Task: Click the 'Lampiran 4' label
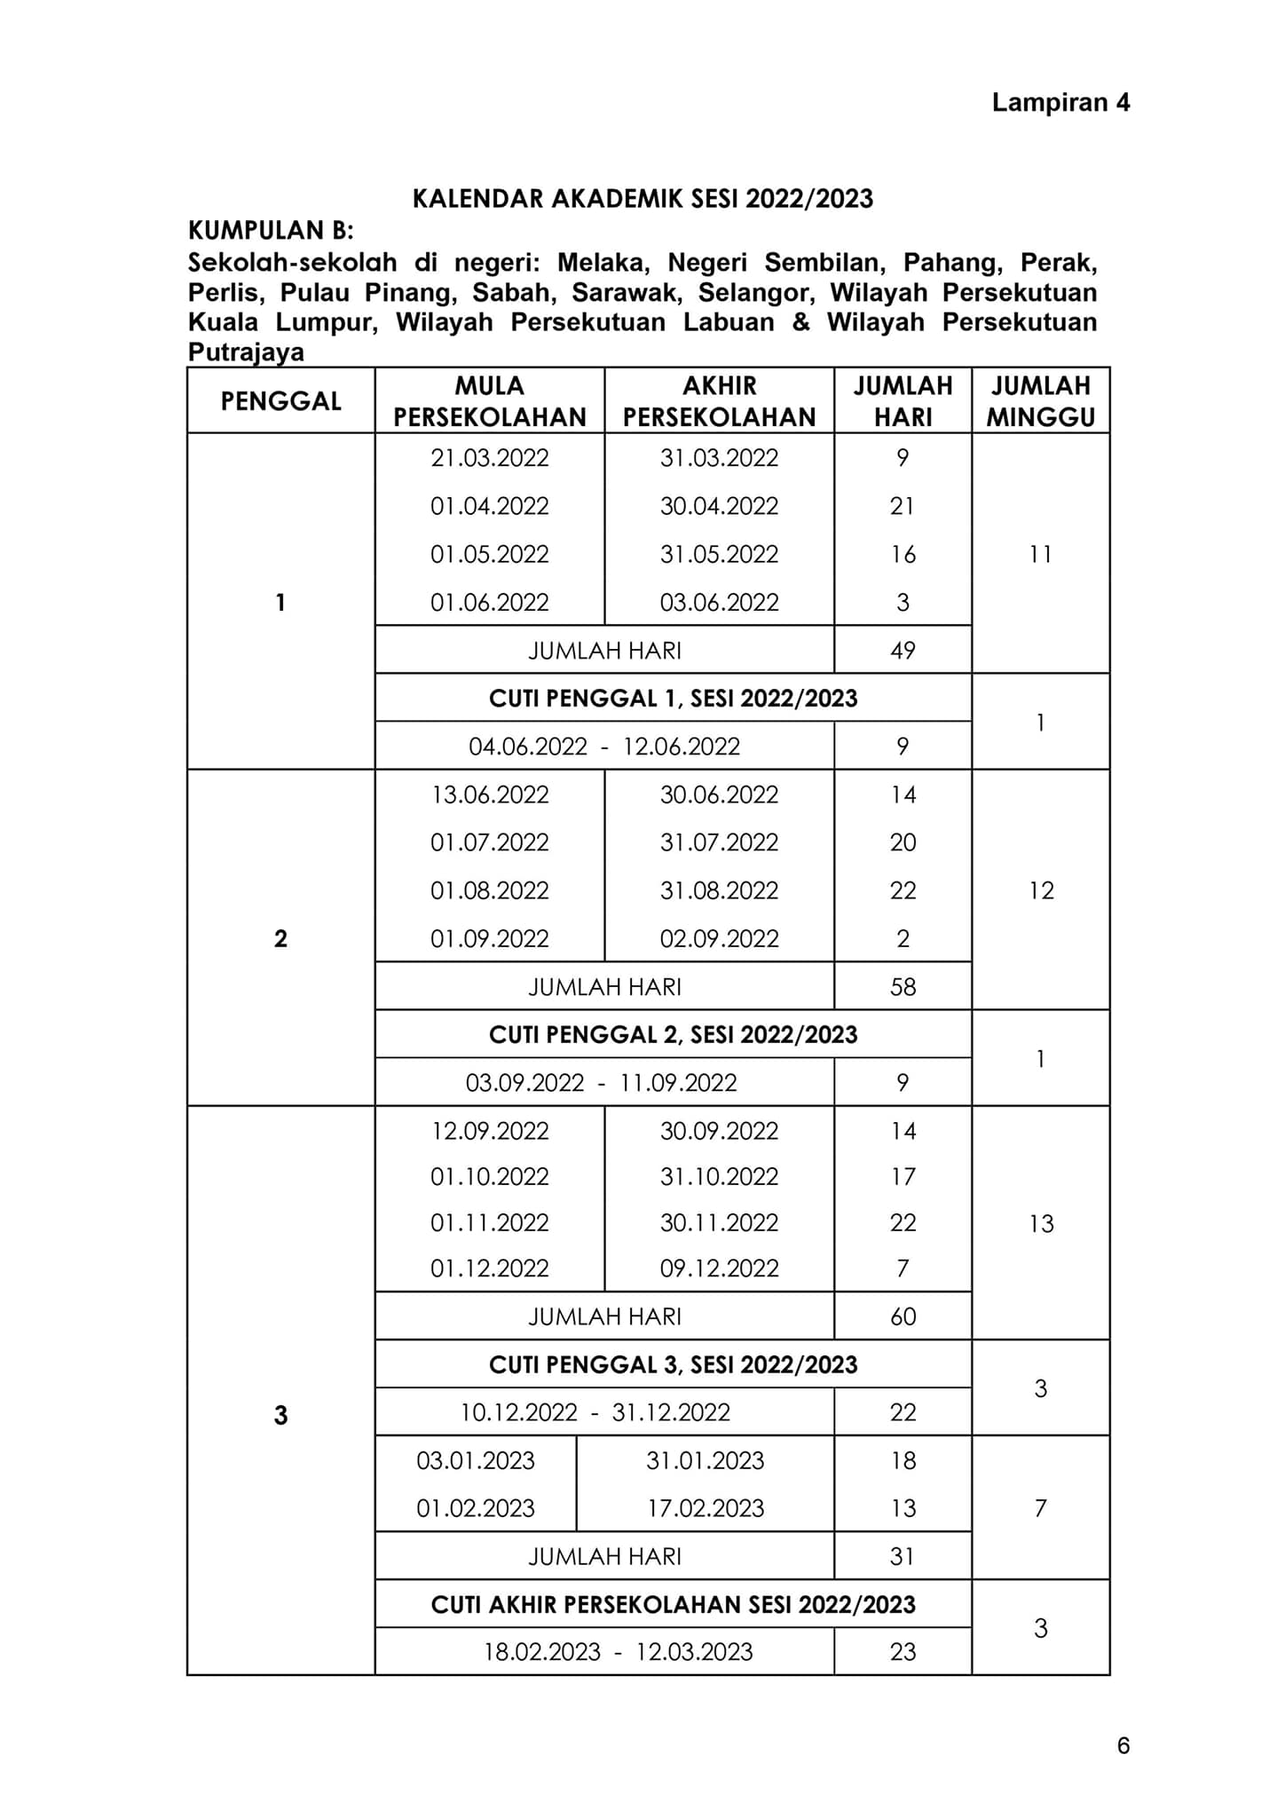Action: pyautogui.click(x=1060, y=103)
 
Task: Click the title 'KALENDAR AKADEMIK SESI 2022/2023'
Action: pyautogui.click(x=642, y=198)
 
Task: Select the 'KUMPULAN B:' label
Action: pyautogui.click(x=271, y=231)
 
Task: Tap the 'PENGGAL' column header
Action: pyautogui.click(x=280, y=401)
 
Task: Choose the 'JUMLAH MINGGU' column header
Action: pyautogui.click(x=1040, y=401)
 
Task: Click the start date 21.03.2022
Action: pyautogui.click(x=490, y=458)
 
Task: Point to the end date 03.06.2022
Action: pyautogui.click(x=719, y=603)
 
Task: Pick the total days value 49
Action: pyautogui.click(x=903, y=651)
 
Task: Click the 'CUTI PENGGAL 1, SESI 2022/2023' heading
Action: pyautogui.click(x=673, y=699)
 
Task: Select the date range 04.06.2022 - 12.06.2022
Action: pyautogui.click(x=604, y=747)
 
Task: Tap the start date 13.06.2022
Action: pyautogui.click(x=490, y=794)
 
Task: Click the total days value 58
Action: pyautogui.click(x=903, y=987)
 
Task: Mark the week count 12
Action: pyautogui.click(x=1041, y=890)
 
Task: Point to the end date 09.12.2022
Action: pyautogui.click(x=719, y=1269)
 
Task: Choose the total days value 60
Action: pyautogui.click(x=903, y=1316)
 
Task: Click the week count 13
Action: pyautogui.click(x=1041, y=1224)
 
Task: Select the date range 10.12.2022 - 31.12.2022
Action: pyautogui.click(x=595, y=1412)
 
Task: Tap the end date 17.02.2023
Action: pyautogui.click(x=706, y=1508)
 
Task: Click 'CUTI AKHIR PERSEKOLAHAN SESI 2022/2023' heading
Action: pyautogui.click(x=673, y=1604)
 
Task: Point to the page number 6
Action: pyautogui.click(x=1123, y=1746)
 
